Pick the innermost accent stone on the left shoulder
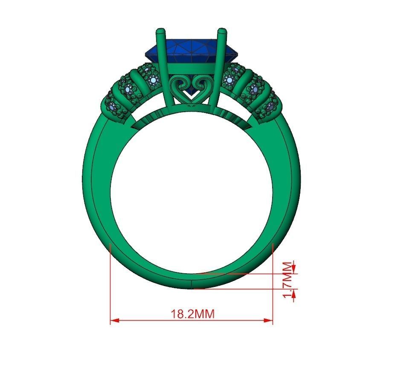click(153, 79)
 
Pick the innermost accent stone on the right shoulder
click(230, 79)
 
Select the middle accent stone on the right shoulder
click(255, 89)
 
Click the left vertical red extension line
click(110, 281)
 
